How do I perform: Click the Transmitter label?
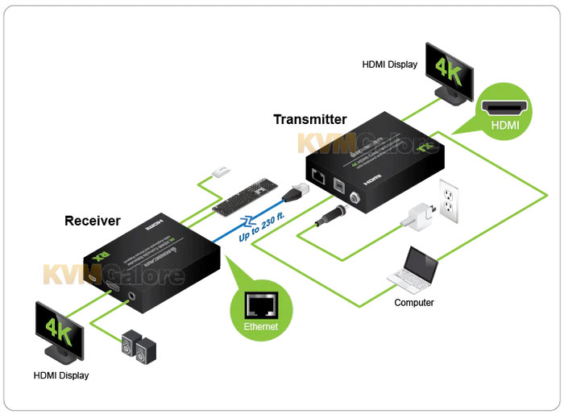click(309, 119)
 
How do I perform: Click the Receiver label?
click(93, 220)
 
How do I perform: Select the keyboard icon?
click(246, 197)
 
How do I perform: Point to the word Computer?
click(414, 303)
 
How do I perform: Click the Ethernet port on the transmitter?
click(319, 179)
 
